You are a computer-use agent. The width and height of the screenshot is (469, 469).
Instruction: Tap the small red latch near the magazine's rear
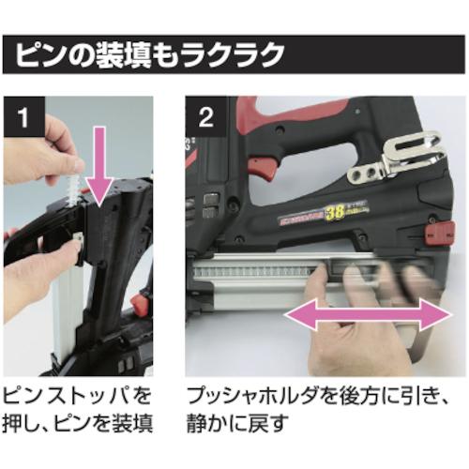tap(433, 234)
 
